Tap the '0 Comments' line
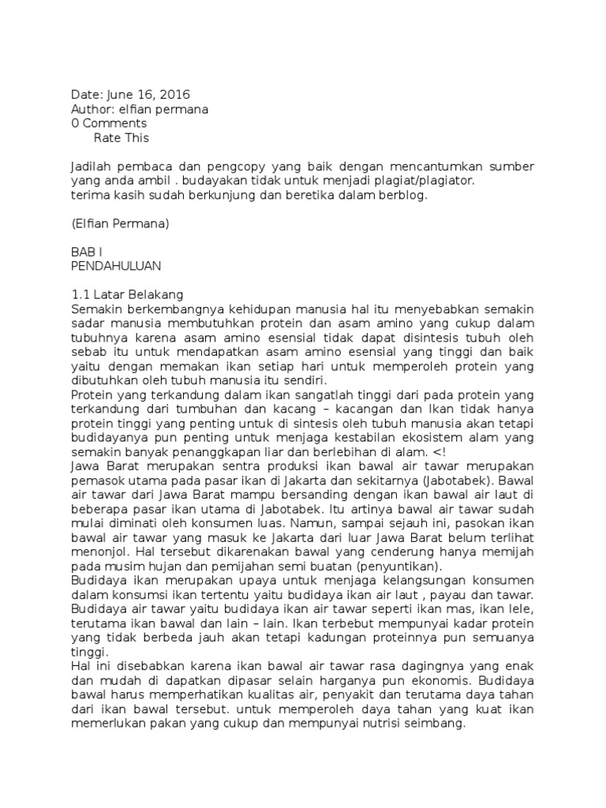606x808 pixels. pyautogui.click(x=109, y=124)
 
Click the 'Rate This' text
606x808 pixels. pyautogui.click(x=122, y=138)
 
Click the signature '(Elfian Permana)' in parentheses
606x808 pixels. pyautogui.click(x=120, y=223)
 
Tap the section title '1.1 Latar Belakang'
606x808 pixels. pyautogui.click(x=127, y=294)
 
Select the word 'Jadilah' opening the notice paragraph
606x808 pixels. pyautogui.click(x=91, y=166)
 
